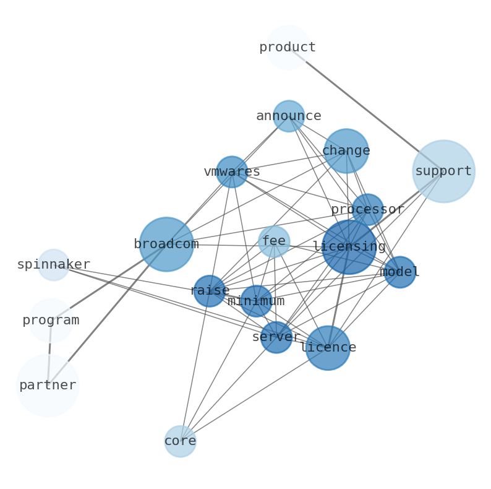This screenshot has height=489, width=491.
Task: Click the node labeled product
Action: pyautogui.click(x=287, y=48)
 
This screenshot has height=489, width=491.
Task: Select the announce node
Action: pyautogui.click(x=289, y=116)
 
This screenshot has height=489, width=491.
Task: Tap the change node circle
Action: pyautogui.click(x=346, y=151)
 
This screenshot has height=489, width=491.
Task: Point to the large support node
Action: pyautogui.click(x=443, y=171)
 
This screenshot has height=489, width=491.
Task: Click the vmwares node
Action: pyautogui.click(x=232, y=172)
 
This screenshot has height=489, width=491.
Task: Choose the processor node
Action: pyautogui.click(x=368, y=210)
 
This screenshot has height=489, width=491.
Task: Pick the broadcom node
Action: pyautogui.click(x=166, y=244)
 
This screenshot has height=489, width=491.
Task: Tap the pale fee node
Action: pyautogui.click(x=274, y=241)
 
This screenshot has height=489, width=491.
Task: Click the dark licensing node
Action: pyautogui.click(x=349, y=247)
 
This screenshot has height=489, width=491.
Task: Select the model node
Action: pyautogui.click(x=400, y=272)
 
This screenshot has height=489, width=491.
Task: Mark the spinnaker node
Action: pyautogui.click(x=54, y=265)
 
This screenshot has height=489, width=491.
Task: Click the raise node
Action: pyautogui.click(x=210, y=291)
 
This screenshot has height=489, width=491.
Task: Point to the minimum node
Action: pyautogui.click(x=256, y=301)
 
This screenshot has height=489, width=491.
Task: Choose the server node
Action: pyautogui.click(x=276, y=337)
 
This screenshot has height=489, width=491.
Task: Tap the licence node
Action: pyautogui.click(x=328, y=348)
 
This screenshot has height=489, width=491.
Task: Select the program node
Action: pyautogui.click(x=51, y=321)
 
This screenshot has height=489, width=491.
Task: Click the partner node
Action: pyautogui.click(x=48, y=386)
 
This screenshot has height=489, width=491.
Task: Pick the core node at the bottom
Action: pyautogui.click(x=180, y=441)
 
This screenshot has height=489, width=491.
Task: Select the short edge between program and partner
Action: pyautogui.click(x=49, y=350)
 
